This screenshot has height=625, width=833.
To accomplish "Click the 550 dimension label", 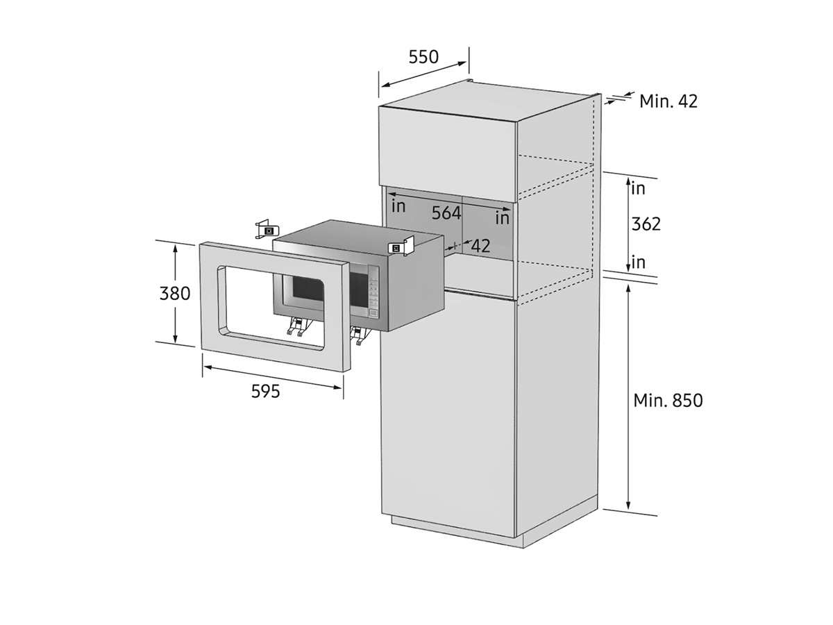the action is [x=423, y=57].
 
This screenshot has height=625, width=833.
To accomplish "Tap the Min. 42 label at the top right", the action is [x=668, y=101].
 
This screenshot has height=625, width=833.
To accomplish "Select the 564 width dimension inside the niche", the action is [x=446, y=213].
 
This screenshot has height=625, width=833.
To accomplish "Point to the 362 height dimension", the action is [x=646, y=224].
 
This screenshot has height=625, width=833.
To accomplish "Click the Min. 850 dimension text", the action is [x=668, y=401].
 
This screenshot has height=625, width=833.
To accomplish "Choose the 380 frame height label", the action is [x=174, y=293].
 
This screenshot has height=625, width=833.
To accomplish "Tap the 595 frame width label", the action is [x=265, y=391].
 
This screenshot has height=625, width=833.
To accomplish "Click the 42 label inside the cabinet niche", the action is [x=480, y=247].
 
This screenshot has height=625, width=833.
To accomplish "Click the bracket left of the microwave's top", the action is [x=267, y=229].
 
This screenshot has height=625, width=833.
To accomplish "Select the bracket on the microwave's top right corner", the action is [x=401, y=247].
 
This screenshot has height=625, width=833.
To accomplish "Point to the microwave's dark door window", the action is [x=308, y=288].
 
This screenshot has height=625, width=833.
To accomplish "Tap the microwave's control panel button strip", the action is [x=373, y=292].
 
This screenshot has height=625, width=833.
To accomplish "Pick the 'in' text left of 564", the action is [x=398, y=206].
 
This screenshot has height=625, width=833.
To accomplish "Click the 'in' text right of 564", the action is [x=502, y=218].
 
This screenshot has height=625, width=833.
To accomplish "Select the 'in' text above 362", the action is [x=639, y=189].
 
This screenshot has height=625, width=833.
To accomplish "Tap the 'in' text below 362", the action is [x=639, y=262].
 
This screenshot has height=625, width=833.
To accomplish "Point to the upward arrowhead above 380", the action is [x=175, y=249].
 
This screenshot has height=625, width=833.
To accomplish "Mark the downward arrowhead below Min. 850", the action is [x=628, y=505].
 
